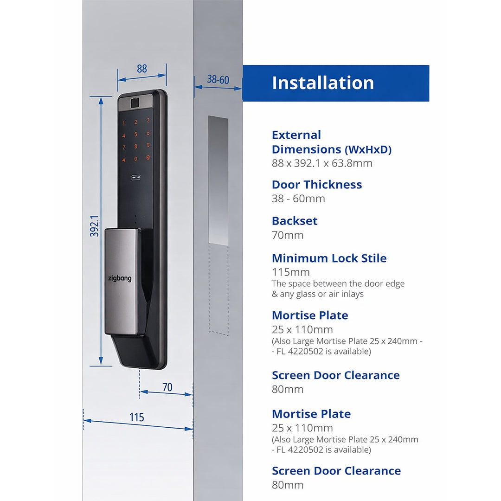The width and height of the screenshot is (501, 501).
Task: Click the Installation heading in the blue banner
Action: pyautogui.click(x=323, y=83)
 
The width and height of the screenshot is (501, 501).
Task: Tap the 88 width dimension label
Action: pyautogui.click(x=142, y=69)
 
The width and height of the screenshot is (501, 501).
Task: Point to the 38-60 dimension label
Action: pyautogui.click(x=218, y=80)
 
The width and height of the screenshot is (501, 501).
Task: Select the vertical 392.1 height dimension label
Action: pyautogui.click(x=95, y=226)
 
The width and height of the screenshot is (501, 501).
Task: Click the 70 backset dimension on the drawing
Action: pyautogui.click(x=167, y=387)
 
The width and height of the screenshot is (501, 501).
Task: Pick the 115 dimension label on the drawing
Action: pyautogui.click(x=137, y=417)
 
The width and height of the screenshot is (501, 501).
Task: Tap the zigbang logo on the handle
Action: pyautogui.click(x=120, y=278)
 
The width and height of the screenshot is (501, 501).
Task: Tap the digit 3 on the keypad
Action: pyautogui.click(x=148, y=121)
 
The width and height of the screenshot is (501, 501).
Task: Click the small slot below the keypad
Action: pyautogui.click(x=136, y=177)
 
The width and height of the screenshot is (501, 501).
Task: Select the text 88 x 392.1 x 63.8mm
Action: pyautogui.click(x=322, y=163)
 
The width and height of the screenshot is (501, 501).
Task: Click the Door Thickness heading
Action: pyautogui.click(x=317, y=185)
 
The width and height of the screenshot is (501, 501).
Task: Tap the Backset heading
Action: pyautogui.click(x=295, y=221)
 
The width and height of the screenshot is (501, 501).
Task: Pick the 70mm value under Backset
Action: pyautogui.click(x=288, y=235)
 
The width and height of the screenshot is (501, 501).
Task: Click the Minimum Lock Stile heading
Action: pyautogui.click(x=329, y=258)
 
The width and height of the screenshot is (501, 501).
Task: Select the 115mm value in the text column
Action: pyautogui.click(x=291, y=272)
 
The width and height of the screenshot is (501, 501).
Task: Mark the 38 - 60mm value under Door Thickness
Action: pyautogui.click(x=298, y=199)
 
